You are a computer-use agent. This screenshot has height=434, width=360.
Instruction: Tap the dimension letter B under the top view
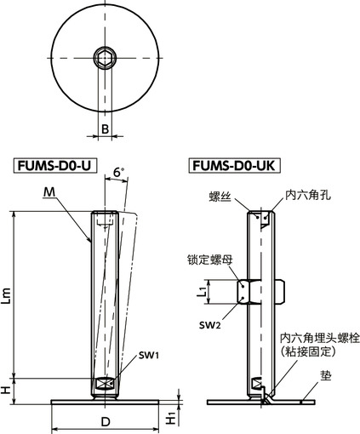[x=104, y=129]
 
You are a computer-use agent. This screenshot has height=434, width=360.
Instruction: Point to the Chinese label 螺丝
[x=221, y=196]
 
